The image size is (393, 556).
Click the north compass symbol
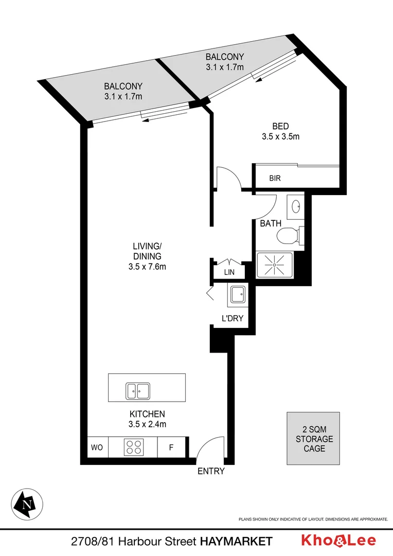(27, 502)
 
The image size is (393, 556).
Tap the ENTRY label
(211, 471)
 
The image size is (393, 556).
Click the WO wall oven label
(97, 447)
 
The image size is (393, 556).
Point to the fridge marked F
(171, 447)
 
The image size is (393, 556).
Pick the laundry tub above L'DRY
(238, 295)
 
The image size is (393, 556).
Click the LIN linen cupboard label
(229, 272)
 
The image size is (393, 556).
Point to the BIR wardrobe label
(275, 179)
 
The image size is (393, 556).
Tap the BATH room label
(271, 223)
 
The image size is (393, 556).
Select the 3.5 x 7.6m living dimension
(147, 267)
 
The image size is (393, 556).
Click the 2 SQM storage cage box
(314, 439)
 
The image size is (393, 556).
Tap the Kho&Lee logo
(338, 541)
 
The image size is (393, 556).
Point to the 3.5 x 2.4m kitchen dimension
(147, 425)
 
